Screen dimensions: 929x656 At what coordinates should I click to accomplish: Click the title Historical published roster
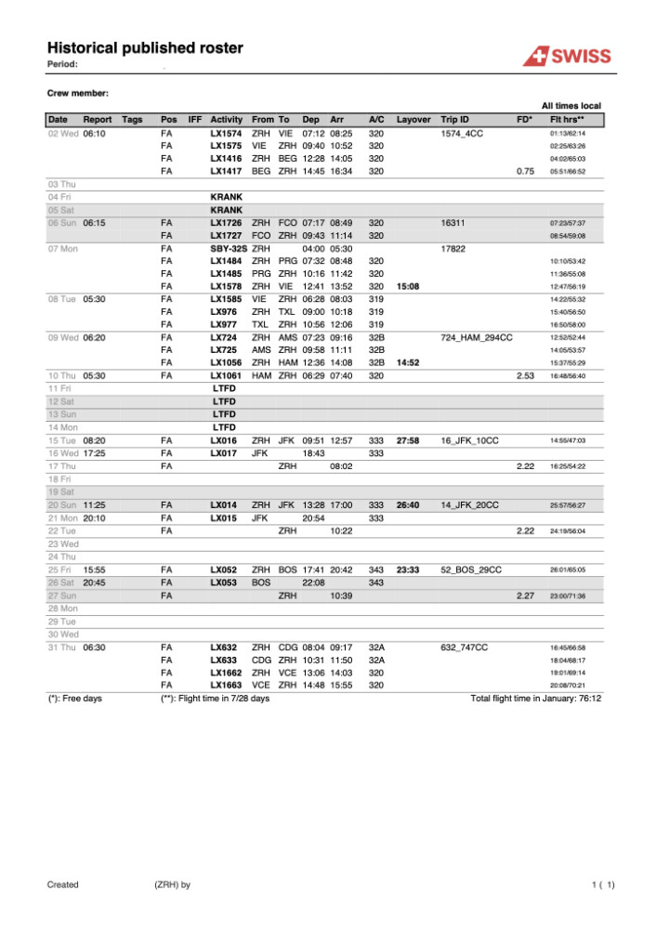pos(145,47)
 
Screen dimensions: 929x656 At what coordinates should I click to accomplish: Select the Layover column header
pos(413,120)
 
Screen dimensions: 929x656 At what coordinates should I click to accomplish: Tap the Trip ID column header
pos(455,120)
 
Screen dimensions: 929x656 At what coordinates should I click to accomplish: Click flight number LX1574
pos(226,134)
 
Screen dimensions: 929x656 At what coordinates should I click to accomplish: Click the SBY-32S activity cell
pos(229,249)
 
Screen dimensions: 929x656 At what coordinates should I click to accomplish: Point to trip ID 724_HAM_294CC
pos(477,337)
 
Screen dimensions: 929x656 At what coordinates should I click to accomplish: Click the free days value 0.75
pos(527,171)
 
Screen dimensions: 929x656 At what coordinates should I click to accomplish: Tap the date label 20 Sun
pos(62,504)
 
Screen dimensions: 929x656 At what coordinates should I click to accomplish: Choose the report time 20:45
pos(94,582)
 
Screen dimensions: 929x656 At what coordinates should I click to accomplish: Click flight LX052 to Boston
pos(224,569)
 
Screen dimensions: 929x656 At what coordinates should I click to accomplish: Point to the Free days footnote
pos(74,698)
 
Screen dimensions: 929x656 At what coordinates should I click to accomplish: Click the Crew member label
pos(78,93)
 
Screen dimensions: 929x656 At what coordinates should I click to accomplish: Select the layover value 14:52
pos(408,362)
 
